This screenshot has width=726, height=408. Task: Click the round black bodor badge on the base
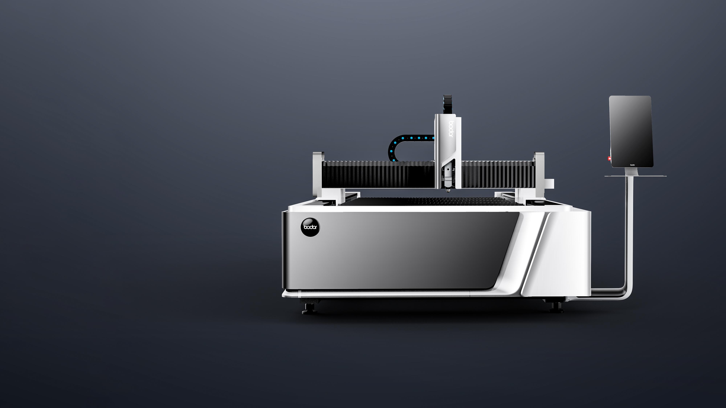(310, 227)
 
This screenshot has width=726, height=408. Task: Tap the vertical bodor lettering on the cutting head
(450, 129)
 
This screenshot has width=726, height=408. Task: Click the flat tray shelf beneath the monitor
(635, 176)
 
